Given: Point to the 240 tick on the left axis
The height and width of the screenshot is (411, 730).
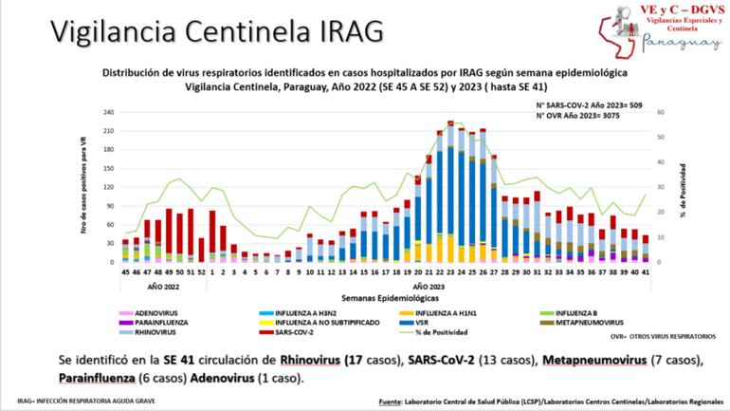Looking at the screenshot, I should [106, 112].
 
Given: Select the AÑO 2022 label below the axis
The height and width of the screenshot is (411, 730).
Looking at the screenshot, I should [163, 284].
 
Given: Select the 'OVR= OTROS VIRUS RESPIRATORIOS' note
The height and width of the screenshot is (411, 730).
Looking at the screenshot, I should [652, 335].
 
